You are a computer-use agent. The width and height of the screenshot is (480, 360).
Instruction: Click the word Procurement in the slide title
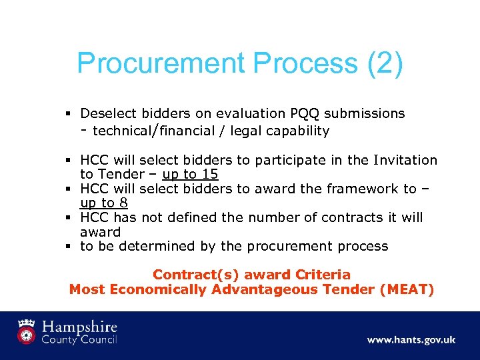click(x=161, y=63)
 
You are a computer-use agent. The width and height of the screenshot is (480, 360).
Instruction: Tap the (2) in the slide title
click(x=385, y=63)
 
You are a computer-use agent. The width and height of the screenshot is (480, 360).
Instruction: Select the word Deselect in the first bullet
click(x=107, y=114)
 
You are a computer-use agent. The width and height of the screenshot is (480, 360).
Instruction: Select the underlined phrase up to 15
click(x=189, y=175)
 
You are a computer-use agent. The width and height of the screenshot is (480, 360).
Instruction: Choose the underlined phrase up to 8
click(x=103, y=203)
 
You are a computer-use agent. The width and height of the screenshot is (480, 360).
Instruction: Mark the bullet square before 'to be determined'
click(x=69, y=246)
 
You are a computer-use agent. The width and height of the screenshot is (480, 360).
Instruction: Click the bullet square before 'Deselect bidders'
click(x=69, y=114)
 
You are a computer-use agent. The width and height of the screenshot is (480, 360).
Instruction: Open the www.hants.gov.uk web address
click(x=411, y=339)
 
